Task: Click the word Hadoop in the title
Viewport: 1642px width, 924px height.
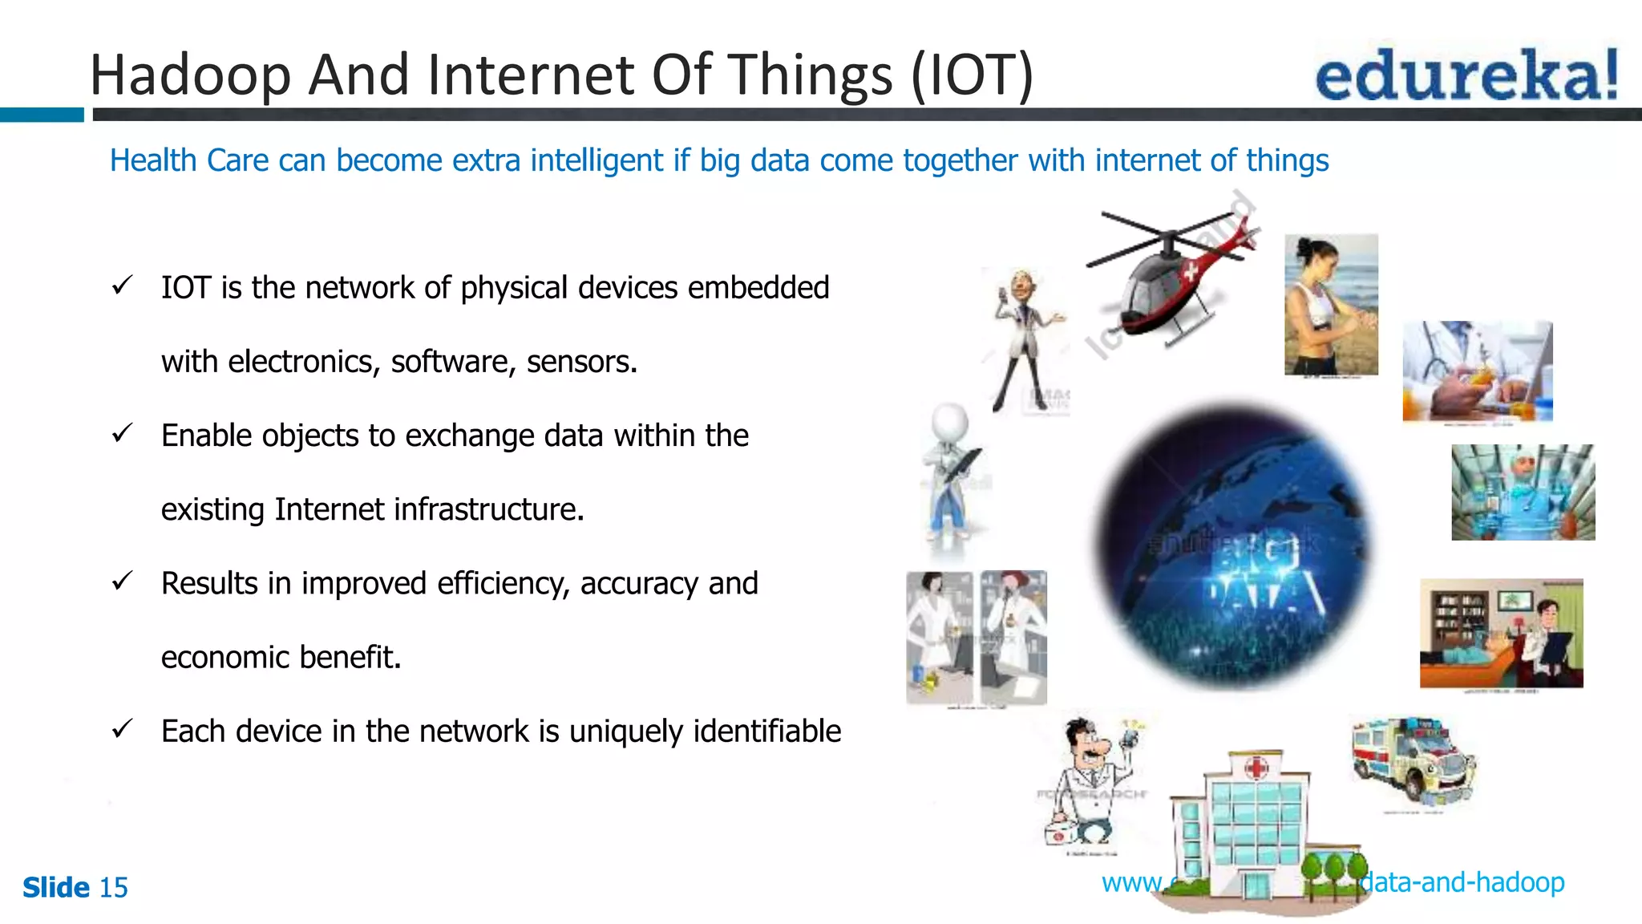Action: pyautogui.click(x=190, y=75)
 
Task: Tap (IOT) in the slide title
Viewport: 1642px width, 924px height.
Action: pyautogui.click(x=972, y=75)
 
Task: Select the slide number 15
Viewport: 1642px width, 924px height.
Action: pyautogui.click(x=113, y=888)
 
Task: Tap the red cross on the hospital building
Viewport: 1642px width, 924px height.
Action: pyautogui.click(x=1256, y=768)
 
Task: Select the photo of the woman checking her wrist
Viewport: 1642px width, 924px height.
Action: pyautogui.click(x=1331, y=305)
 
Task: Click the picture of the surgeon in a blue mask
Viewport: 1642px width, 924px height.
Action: pyautogui.click(x=1523, y=492)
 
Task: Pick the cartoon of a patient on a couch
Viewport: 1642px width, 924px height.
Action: pyautogui.click(x=1501, y=634)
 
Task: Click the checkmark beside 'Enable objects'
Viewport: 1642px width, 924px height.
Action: pyautogui.click(x=122, y=434)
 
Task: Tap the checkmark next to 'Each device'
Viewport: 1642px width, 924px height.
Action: pyautogui.click(x=122, y=729)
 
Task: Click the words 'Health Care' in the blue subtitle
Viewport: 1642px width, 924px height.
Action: pyautogui.click(x=189, y=160)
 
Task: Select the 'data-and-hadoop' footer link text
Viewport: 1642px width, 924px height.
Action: pyautogui.click(x=1462, y=882)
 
